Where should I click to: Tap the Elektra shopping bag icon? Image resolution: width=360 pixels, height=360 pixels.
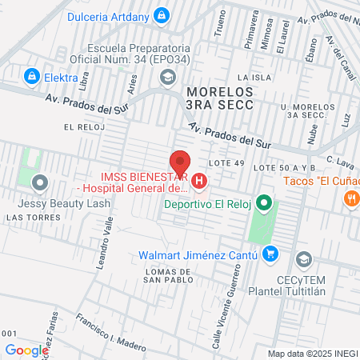tap(32, 77)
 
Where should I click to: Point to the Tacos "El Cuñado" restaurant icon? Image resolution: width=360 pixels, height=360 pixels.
tap(350, 199)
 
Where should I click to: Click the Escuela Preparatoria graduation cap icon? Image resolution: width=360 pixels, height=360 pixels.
tap(167, 77)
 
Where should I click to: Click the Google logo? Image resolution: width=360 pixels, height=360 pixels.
tap(26, 350)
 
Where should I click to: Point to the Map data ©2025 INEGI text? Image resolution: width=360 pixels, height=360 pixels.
tap(312, 354)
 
